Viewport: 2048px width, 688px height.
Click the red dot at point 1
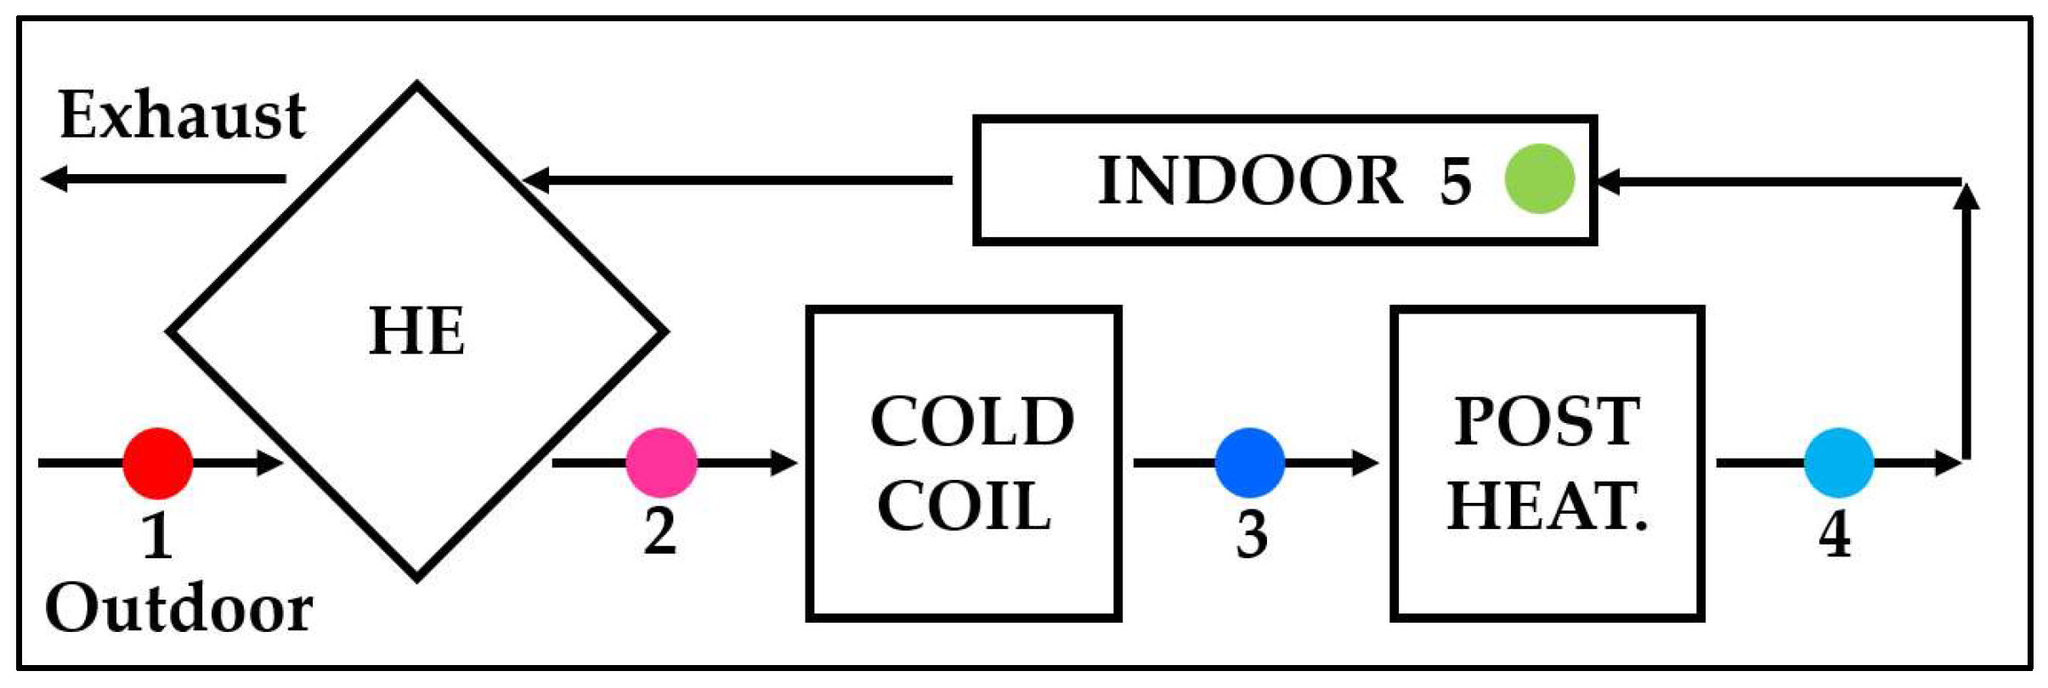pos(158,463)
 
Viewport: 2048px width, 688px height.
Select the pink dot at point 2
pos(661,463)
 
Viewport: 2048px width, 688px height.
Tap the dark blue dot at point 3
pos(1249,463)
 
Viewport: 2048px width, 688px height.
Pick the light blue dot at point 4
pos(1839,463)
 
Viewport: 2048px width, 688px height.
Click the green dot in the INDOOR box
pos(1539,179)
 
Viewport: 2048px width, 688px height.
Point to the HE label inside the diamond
pos(416,330)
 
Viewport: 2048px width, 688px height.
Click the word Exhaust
pos(182,116)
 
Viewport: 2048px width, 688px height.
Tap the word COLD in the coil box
pos(972,421)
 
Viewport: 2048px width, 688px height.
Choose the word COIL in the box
pos(964,506)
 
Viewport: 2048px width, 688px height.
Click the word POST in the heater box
pos(1547,421)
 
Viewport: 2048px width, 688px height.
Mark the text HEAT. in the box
pos(1547,506)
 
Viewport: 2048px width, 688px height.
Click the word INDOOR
pos(1249,180)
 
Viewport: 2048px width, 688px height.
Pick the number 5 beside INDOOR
pos(1455,181)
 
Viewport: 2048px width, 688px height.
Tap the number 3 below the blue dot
pos(1251,536)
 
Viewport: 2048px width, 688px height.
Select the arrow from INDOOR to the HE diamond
pos(739,180)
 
